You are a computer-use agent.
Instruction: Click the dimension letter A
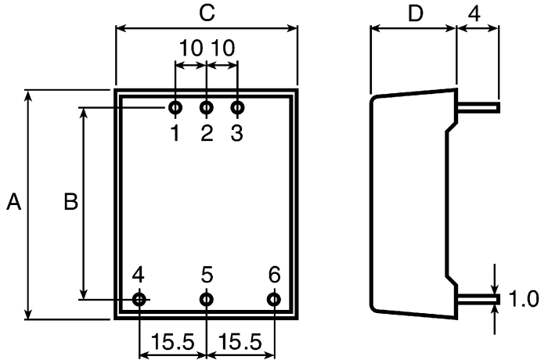(13, 202)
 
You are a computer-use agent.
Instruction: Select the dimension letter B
(71, 202)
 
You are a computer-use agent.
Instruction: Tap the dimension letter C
(207, 13)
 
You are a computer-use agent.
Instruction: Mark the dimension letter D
(416, 14)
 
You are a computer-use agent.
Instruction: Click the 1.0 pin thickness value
(524, 299)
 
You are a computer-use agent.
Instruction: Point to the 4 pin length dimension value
(474, 14)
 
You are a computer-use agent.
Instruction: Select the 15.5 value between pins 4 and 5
(172, 342)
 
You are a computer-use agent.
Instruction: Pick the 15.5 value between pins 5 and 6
(240, 342)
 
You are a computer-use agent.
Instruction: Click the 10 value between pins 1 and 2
(191, 48)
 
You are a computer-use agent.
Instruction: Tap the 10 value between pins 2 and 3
(223, 48)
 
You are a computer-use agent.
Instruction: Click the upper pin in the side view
(479, 108)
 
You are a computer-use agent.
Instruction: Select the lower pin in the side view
(479, 300)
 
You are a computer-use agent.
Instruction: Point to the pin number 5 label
(207, 275)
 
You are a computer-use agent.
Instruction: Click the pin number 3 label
(236, 133)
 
